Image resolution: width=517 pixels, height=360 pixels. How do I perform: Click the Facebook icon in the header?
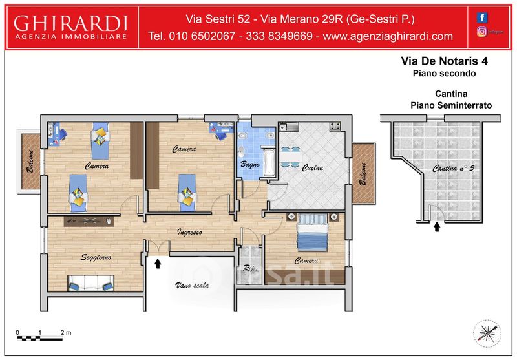pos(481,17)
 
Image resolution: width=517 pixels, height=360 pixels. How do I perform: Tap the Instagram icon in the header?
pos(481,31)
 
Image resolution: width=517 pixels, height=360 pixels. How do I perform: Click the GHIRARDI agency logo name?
pos(70,23)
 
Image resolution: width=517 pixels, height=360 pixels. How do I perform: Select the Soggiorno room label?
pos(96,257)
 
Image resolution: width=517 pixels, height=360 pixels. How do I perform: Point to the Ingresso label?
pos(189,232)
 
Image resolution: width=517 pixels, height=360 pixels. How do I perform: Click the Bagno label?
pos(250,164)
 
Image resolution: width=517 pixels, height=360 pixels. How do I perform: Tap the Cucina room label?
pos(313,168)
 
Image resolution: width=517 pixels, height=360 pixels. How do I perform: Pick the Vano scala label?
pos(192,285)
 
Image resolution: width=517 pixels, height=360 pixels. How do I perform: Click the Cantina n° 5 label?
pos(453,169)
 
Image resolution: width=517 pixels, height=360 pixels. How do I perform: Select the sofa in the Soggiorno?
pos(90,283)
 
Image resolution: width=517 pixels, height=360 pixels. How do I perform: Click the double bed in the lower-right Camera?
pos(312,232)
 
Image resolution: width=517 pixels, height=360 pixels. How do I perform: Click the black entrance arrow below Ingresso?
pos(158,263)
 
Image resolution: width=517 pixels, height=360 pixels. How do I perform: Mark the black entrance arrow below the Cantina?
pos(437,227)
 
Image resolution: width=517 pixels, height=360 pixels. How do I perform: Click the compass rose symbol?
pos(487,334)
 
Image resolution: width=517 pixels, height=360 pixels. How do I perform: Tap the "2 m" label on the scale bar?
pos(66,333)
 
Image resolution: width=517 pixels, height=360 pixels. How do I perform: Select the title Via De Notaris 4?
pos(444,61)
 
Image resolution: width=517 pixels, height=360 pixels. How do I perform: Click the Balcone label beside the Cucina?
pos(363,174)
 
